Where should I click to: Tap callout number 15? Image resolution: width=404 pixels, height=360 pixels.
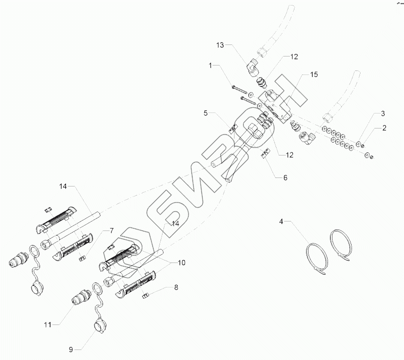click(314, 74)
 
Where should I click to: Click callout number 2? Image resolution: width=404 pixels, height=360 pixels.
click(384, 128)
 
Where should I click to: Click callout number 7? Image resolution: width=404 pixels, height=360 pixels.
click(111, 230)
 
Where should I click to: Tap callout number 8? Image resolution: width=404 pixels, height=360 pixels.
click(176, 287)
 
